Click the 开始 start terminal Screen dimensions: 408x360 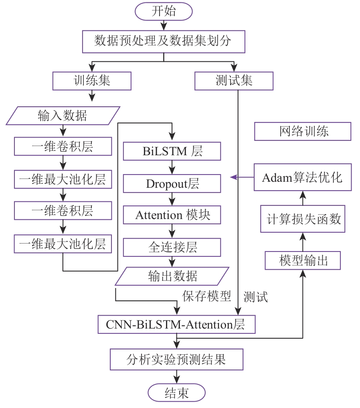(163, 11)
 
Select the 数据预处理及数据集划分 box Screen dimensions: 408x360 (163, 41)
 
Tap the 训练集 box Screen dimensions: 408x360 (92, 81)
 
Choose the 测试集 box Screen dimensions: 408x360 (234, 81)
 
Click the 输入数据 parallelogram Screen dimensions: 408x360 (63, 116)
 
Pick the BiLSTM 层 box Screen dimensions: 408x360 (172, 151)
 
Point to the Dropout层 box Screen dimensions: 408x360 (172, 184)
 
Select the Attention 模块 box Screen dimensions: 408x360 (172, 215)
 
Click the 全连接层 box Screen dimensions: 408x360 (172, 247)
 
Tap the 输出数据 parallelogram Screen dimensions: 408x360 (172, 276)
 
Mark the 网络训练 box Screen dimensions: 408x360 (303, 132)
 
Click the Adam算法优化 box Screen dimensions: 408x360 (303, 177)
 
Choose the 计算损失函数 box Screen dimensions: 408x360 (303, 219)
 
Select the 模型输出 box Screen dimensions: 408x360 (303, 260)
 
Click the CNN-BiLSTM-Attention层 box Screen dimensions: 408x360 (176, 324)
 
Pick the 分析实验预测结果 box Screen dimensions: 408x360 (176, 359)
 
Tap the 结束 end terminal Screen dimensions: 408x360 (176, 392)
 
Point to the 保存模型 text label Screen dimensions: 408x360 (207, 296)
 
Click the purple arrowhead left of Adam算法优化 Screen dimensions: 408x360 (233, 177)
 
